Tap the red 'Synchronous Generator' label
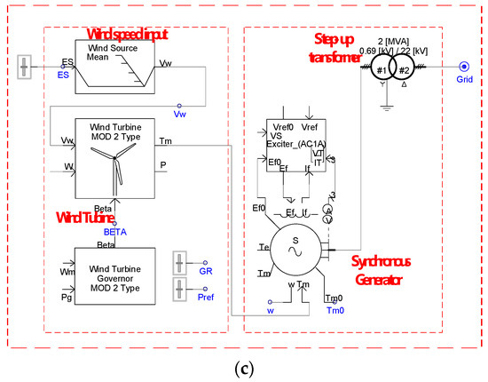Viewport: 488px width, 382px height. pyautogui.click(x=372, y=270)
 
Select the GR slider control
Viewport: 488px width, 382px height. pyautogui.click(x=180, y=267)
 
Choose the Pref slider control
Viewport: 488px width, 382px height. pyautogui.click(x=180, y=290)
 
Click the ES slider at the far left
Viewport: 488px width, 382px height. pyautogui.click(x=25, y=66)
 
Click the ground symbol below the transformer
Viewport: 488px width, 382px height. pyautogui.click(x=383, y=106)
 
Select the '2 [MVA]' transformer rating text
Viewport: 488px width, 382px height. pyautogui.click(x=396, y=42)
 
